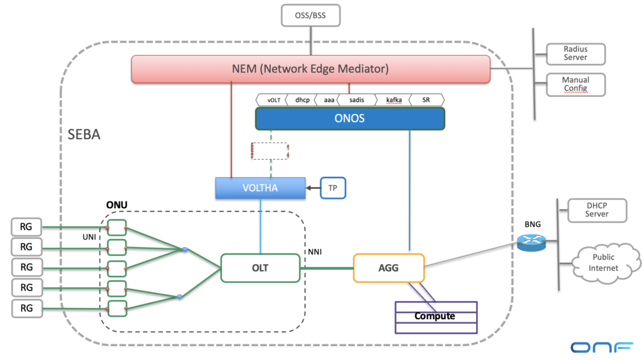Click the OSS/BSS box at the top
click(310, 14)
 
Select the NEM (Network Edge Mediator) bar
click(310, 68)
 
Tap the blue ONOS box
click(349, 119)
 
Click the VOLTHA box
click(260, 188)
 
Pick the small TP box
click(333, 188)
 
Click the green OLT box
click(260, 268)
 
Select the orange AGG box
click(389, 268)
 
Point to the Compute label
click(434, 316)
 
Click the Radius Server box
click(576, 53)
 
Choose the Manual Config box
click(576, 84)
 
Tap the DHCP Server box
click(597, 209)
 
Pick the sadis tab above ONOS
click(355, 100)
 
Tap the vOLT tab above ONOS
click(273, 100)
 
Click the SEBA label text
click(84, 135)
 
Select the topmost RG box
click(26, 225)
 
